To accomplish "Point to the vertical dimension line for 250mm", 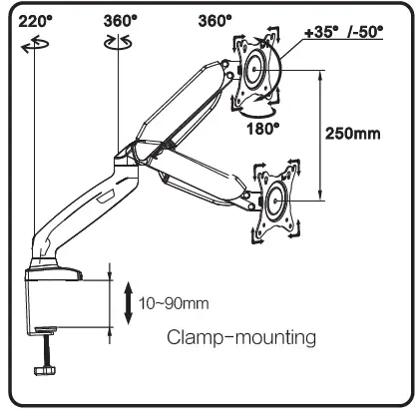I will tap(320, 136).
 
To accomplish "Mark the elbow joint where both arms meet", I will tap(128, 156).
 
